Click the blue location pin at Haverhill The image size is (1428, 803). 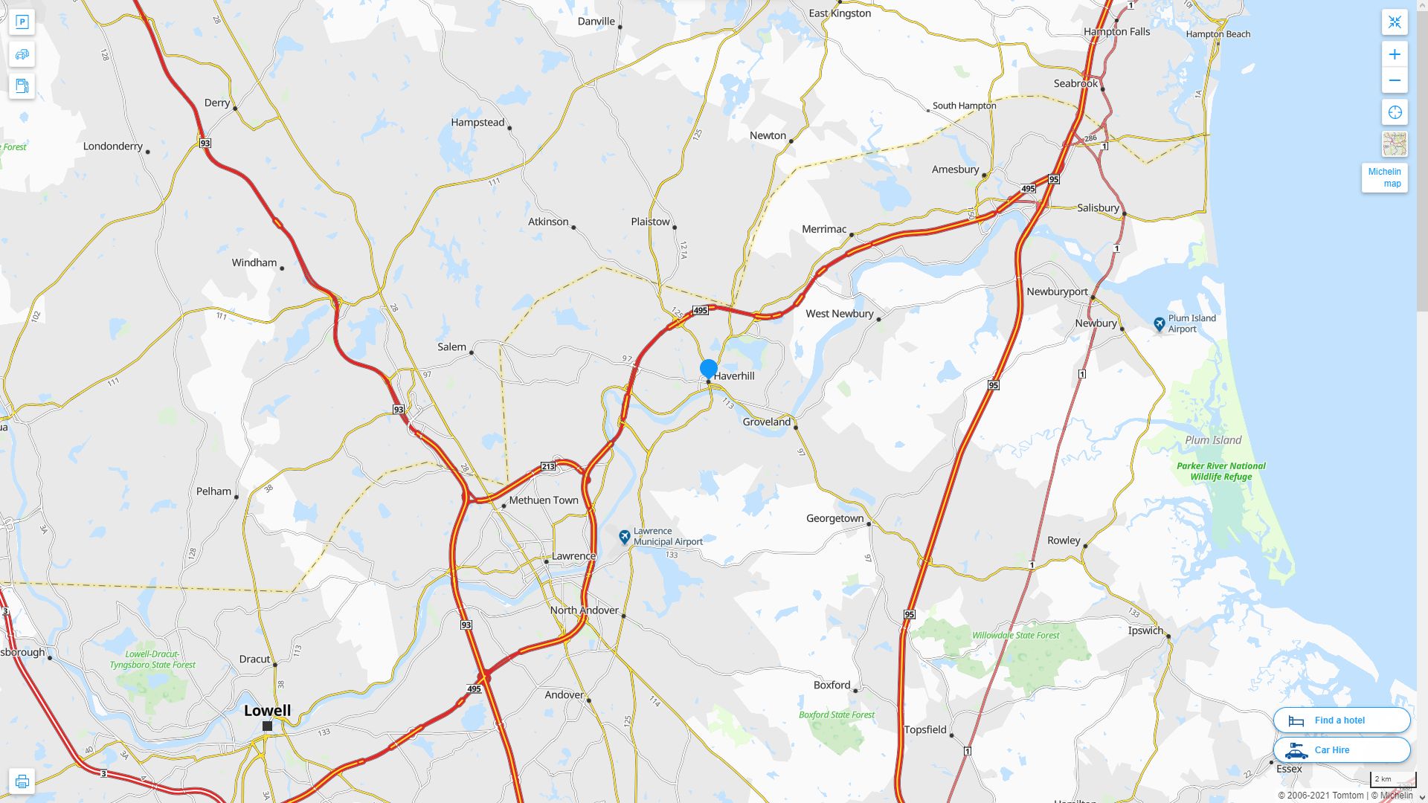coord(708,368)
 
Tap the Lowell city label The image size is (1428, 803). coord(267,710)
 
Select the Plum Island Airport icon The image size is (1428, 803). coord(1159,324)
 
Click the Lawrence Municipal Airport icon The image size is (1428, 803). coord(625,536)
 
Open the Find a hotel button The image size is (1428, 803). coord(1341,720)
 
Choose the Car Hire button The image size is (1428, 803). coord(1341,749)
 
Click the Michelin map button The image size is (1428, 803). coord(1384,178)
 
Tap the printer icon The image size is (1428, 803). coord(22,781)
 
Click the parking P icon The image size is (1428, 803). coord(22,22)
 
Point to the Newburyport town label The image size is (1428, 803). coord(1057,291)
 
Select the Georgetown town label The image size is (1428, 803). coord(834,518)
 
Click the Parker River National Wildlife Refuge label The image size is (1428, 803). coord(1220,471)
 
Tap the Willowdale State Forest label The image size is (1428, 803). coord(1015,635)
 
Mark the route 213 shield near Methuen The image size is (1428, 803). coord(548,466)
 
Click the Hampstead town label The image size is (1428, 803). coord(477,122)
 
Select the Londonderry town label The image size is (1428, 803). coord(113,146)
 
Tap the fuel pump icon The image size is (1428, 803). coord(22,86)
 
